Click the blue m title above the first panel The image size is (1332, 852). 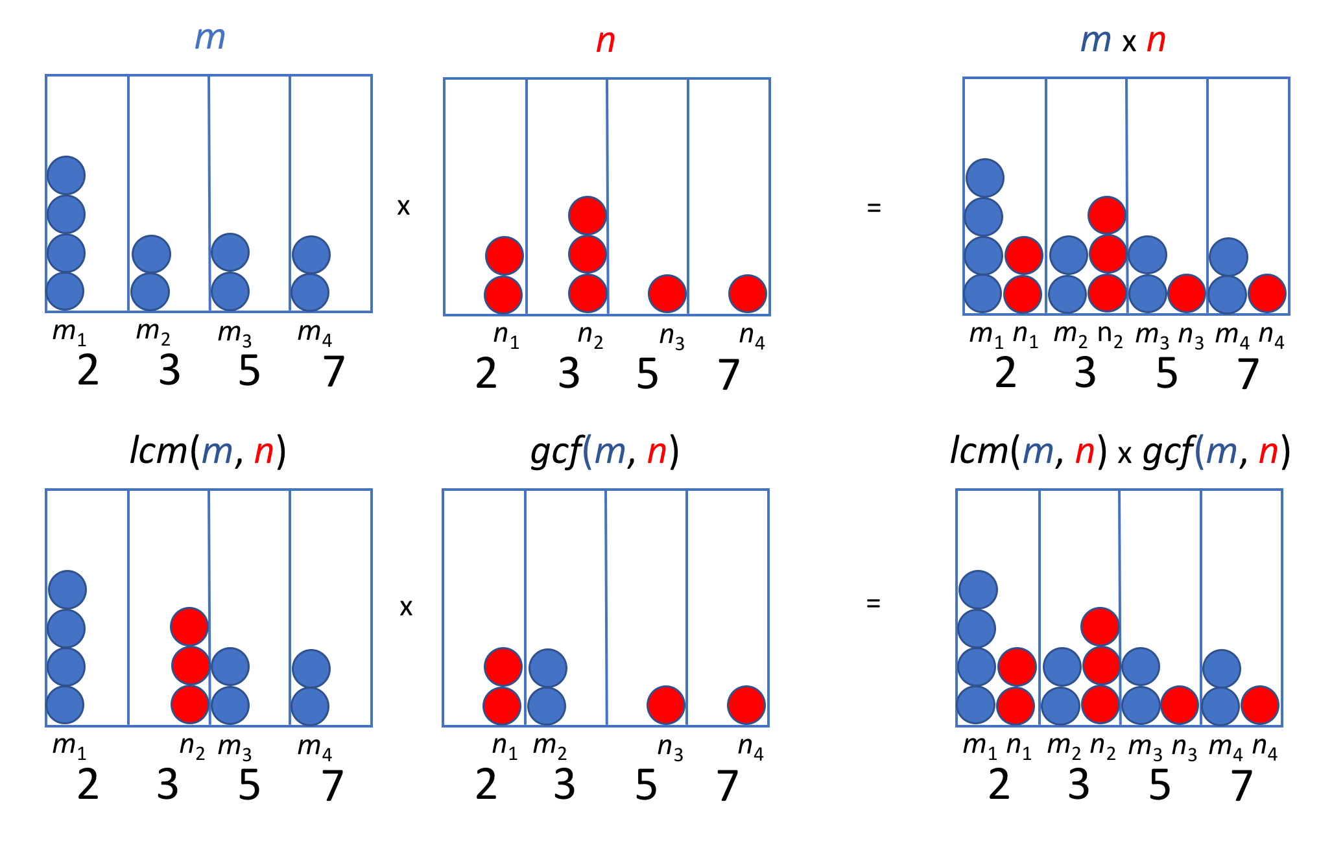[x=209, y=38]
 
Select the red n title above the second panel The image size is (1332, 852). [x=605, y=41]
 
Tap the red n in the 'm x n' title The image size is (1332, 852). [x=1156, y=41]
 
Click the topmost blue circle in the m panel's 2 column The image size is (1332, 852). [x=66, y=175]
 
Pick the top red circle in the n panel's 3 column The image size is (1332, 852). [x=588, y=215]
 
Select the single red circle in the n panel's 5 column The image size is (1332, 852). [x=667, y=294]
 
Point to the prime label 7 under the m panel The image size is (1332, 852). [x=333, y=372]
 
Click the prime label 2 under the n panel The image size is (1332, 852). [x=486, y=374]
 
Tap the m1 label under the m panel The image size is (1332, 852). [x=69, y=333]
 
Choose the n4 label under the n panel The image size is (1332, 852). [x=752, y=336]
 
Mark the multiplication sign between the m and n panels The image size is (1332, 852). [x=403, y=207]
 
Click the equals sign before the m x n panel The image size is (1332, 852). [x=874, y=208]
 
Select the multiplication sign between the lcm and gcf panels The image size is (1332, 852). [x=406, y=608]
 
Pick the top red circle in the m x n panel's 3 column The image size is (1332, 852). [x=1107, y=215]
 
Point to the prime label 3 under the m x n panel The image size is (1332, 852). [x=1085, y=373]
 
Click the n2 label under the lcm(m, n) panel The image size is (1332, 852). [x=192, y=747]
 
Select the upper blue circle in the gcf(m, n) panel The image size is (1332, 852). [x=548, y=668]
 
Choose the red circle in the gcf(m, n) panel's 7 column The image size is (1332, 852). [x=746, y=705]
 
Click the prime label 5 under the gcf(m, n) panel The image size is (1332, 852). [x=646, y=785]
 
